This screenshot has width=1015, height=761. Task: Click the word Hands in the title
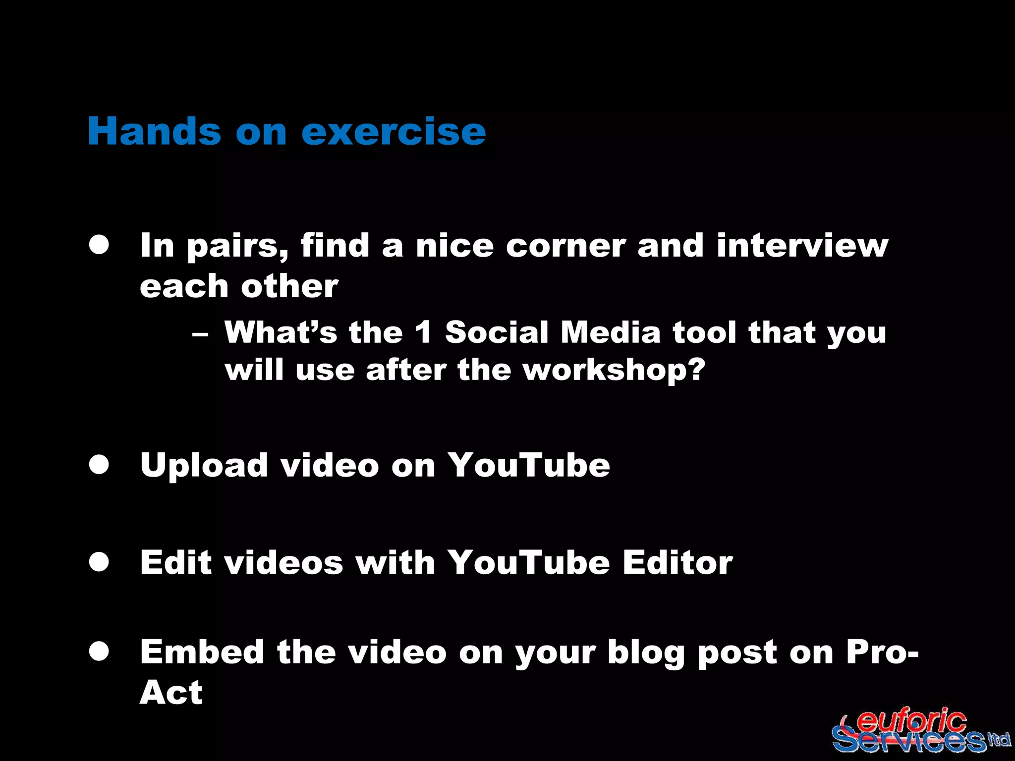(x=154, y=131)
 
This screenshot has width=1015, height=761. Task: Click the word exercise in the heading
(x=394, y=131)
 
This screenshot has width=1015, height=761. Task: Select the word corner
(x=565, y=246)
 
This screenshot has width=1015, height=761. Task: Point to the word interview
(x=802, y=246)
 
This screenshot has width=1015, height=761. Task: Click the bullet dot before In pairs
(x=99, y=245)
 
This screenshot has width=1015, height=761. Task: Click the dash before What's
(x=200, y=334)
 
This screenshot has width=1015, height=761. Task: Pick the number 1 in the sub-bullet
(x=424, y=332)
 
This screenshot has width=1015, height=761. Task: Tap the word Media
(x=611, y=332)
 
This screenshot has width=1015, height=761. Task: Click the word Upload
(x=204, y=466)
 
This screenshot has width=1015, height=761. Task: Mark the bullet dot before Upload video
(x=99, y=465)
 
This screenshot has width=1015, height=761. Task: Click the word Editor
(x=677, y=563)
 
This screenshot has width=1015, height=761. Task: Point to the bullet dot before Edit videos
(x=99, y=562)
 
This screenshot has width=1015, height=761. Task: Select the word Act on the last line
(x=171, y=692)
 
